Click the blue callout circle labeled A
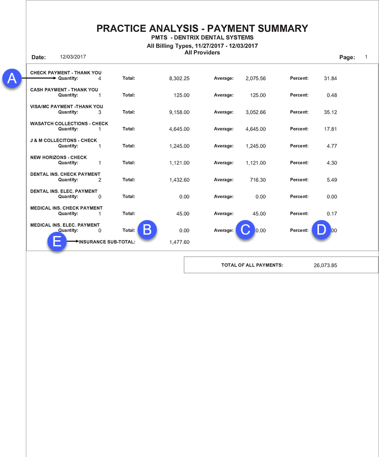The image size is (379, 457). point(12,78)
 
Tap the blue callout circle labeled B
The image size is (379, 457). point(147,230)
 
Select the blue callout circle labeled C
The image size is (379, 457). point(245,230)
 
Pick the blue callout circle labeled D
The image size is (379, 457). point(321,230)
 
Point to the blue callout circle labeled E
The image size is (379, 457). point(57,242)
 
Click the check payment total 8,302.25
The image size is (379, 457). point(179,79)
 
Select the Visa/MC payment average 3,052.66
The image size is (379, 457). point(255,112)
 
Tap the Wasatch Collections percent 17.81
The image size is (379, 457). point(330,129)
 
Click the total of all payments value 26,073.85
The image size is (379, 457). point(325,265)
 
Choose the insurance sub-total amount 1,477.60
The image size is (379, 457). point(179,242)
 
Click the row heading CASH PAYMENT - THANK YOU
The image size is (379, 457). point(64,90)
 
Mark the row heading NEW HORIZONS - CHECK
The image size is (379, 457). point(59,158)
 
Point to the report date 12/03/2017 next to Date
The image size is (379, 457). point(73,57)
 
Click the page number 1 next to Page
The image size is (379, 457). point(366,57)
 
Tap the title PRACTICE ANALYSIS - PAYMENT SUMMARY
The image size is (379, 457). point(202,29)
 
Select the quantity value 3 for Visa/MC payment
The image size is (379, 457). point(100,112)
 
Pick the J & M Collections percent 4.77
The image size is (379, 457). point(331,146)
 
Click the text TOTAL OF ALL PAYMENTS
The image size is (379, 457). point(252,265)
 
